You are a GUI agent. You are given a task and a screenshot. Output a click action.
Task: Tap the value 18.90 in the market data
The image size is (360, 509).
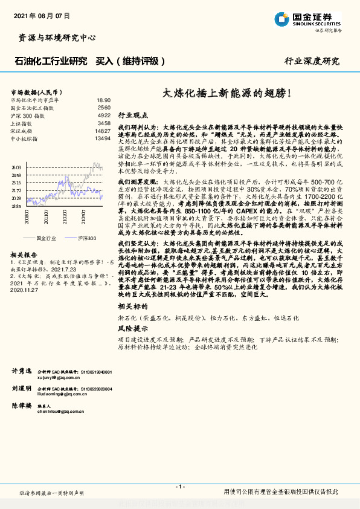(103, 100)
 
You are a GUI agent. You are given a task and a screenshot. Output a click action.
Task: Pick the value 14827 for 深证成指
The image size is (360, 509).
(103, 131)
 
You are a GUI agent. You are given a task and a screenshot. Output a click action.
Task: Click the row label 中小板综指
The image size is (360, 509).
(24, 138)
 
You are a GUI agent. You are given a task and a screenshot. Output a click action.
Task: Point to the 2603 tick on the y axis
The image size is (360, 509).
(16, 167)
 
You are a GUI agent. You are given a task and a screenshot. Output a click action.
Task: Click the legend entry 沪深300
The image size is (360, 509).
(86, 238)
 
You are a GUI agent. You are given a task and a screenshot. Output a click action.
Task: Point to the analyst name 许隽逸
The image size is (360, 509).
(21, 370)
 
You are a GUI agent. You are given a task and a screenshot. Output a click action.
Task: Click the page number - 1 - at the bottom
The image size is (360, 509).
(179, 487)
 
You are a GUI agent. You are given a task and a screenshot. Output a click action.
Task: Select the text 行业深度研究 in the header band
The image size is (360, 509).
(312, 61)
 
